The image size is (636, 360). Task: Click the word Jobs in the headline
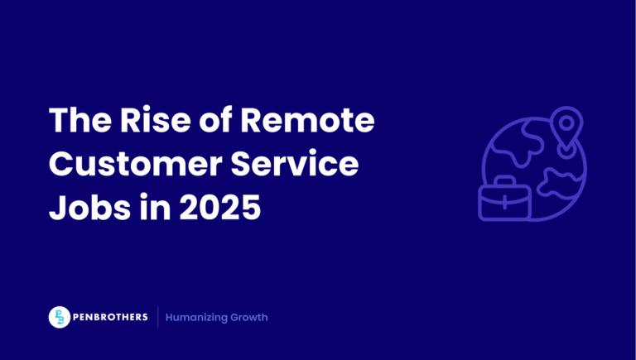tap(84, 207)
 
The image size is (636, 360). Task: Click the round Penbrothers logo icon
tap(60, 317)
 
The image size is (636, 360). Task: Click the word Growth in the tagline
tap(252, 318)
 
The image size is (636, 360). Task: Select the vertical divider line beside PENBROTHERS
tap(157, 317)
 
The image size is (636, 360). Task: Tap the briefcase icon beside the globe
tap(503, 201)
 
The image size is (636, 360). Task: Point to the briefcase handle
tap(503, 180)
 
